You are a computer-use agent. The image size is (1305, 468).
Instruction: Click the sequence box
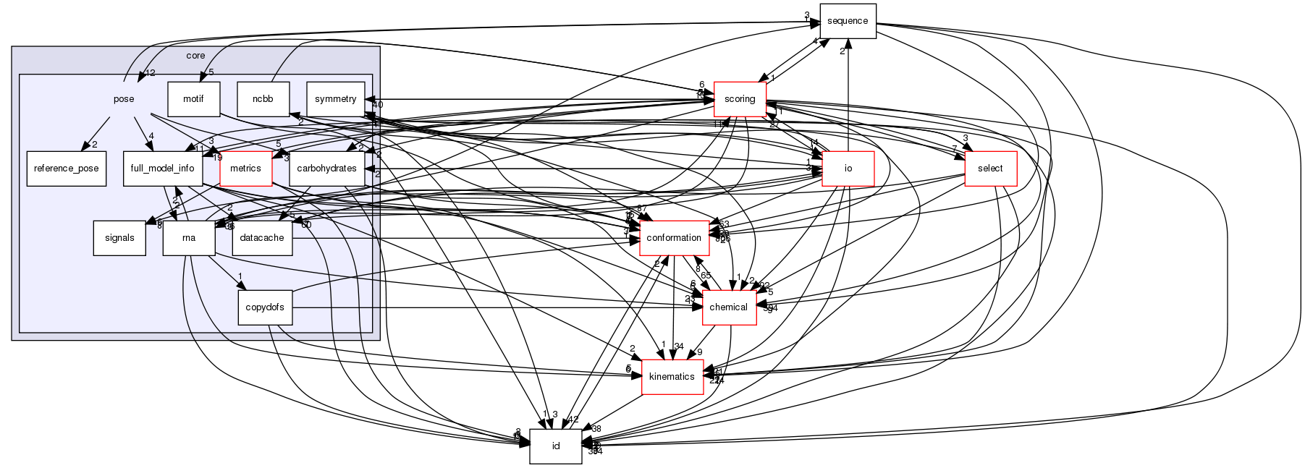tap(848, 21)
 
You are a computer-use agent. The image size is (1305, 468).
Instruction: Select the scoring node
tap(740, 99)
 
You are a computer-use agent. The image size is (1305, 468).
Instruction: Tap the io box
tap(848, 169)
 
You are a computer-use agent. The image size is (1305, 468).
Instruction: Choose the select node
tap(990, 169)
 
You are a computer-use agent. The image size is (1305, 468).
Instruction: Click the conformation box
tap(673, 238)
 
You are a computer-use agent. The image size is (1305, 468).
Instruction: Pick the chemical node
tap(729, 307)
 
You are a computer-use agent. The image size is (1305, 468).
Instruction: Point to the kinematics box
tap(672, 377)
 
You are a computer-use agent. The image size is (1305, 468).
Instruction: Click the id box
tap(556, 446)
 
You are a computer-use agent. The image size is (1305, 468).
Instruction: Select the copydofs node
tap(265, 307)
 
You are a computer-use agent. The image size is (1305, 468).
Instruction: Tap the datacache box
tap(262, 238)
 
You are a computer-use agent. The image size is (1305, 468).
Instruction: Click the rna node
tap(189, 238)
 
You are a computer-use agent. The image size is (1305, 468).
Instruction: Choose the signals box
tap(119, 238)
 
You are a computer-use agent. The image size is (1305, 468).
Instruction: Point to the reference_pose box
tap(67, 169)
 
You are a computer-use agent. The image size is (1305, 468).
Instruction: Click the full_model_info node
tap(162, 169)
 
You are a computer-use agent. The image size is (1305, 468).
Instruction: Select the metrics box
tap(245, 169)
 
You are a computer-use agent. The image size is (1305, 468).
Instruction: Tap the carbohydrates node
tap(326, 169)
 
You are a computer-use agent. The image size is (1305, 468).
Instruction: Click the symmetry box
tap(336, 99)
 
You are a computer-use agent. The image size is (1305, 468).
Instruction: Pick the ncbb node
tap(263, 99)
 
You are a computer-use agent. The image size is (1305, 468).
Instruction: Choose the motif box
tap(193, 99)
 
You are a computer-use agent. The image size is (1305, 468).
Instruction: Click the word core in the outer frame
tap(195, 56)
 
